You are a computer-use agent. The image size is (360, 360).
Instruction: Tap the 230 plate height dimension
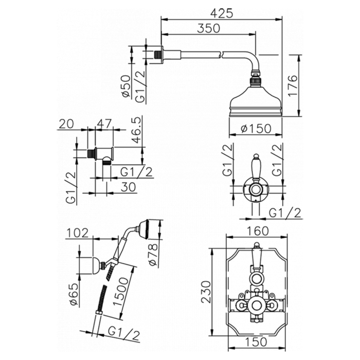(205, 293)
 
